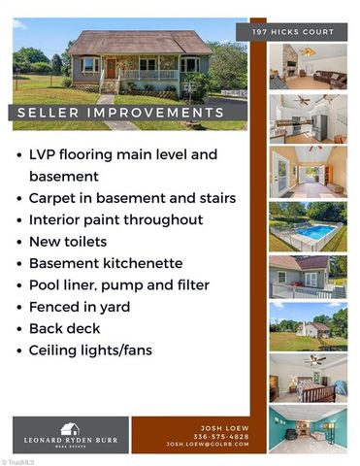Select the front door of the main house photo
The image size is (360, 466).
112,69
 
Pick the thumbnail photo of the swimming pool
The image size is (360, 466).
308,226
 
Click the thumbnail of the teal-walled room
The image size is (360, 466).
308,429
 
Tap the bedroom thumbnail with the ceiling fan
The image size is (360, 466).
308,378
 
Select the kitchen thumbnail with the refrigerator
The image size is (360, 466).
308,118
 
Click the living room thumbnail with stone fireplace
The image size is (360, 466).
308,68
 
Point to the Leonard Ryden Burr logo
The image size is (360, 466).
70,433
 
